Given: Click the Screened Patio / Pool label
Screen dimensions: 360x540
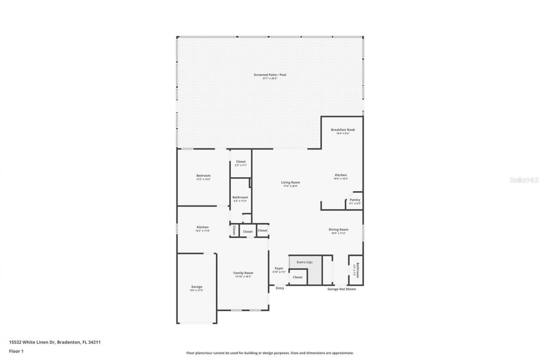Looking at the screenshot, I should click(x=270, y=75).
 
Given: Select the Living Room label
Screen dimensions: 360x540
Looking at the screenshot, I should click(x=290, y=182).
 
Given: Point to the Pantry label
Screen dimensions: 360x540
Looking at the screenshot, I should click(x=355, y=200).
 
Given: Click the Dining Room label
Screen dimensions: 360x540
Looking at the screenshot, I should click(x=338, y=229).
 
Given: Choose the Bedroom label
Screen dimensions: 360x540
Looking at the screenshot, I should click(x=203, y=176).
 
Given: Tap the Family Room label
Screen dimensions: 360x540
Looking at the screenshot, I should click(x=243, y=273).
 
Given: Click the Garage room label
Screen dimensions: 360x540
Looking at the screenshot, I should click(x=197, y=287).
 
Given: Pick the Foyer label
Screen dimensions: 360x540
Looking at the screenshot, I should click(x=279, y=268).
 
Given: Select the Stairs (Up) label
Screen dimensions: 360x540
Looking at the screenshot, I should click(x=304, y=262).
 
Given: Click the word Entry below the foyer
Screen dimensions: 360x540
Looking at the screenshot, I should click(x=280, y=288).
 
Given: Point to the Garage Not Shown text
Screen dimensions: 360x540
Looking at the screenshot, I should click(x=342, y=289).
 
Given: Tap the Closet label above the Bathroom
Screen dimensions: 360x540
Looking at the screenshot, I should click(x=240, y=162).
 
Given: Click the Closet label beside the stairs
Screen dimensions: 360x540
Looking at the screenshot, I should click(x=297, y=277).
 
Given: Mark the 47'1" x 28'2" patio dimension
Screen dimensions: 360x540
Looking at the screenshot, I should click(x=270, y=78).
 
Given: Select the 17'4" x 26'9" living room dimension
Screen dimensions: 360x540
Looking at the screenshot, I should click(x=290, y=186).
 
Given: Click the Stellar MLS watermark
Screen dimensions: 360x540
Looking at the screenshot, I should click(x=524, y=180).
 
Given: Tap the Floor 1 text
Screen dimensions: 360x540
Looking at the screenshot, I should click(x=16, y=351).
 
